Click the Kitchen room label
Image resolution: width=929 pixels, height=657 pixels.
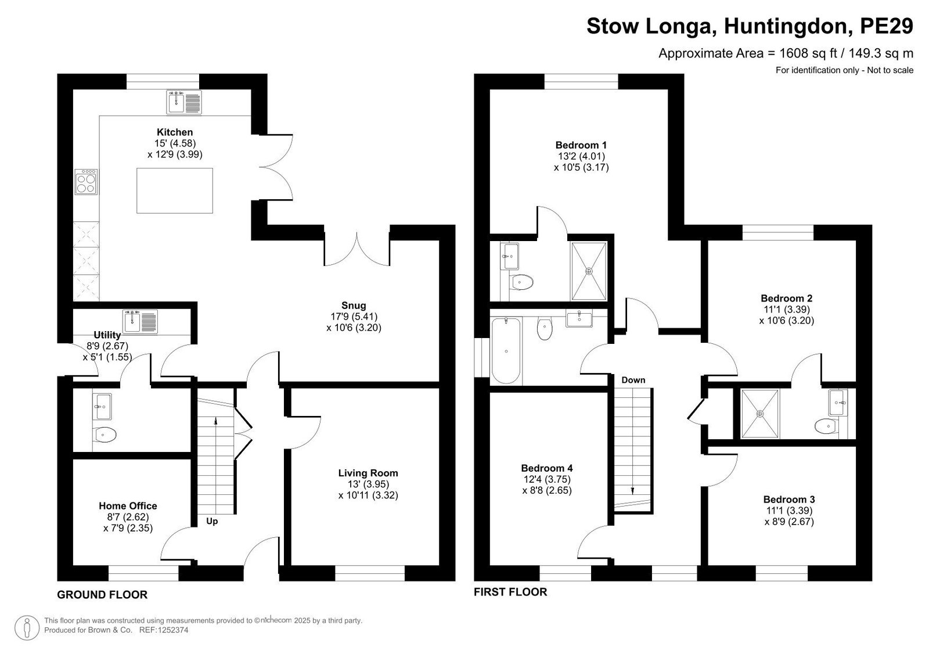pyautogui.click(x=175, y=132)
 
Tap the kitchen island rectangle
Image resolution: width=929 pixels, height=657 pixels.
pyautogui.click(x=175, y=191)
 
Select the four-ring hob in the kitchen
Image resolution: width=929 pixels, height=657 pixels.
pyautogui.click(x=87, y=182)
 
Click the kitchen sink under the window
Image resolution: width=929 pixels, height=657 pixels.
pyautogui.click(x=184, y=102)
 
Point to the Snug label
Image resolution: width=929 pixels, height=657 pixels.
pyautogui.click(x=354, y=306)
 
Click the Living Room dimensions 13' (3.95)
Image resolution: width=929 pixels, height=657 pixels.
pyautogui.click(x=368, y=484)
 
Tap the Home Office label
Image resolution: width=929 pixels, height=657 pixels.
pyautogui.click(x=128, y=506)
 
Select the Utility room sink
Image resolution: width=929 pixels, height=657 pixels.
pyautogui.click(x=140, y=322)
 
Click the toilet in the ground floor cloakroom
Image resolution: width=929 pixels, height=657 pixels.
pyautogui.click(x=104, y=435)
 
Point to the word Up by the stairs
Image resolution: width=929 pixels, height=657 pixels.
pyautogui.click(x=212, y=521)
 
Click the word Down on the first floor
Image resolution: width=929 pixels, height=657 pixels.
pyautogui.click(x=633, y=380)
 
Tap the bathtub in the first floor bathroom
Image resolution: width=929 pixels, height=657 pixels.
pyautogui.click(x=506, y=351)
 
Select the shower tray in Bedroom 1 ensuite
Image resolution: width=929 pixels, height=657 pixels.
pyautogui.click(x=589, y=271)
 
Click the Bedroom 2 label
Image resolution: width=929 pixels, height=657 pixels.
pyautogui.click(x=786, y=299)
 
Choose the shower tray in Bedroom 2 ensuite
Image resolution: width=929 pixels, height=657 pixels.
pyautogui.click(x=760, y=414)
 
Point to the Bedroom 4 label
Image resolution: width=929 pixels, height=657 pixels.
pyautogui.click(x=547, y=468)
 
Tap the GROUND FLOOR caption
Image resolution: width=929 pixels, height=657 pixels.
pyautogui.click(x=102, y=595)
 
